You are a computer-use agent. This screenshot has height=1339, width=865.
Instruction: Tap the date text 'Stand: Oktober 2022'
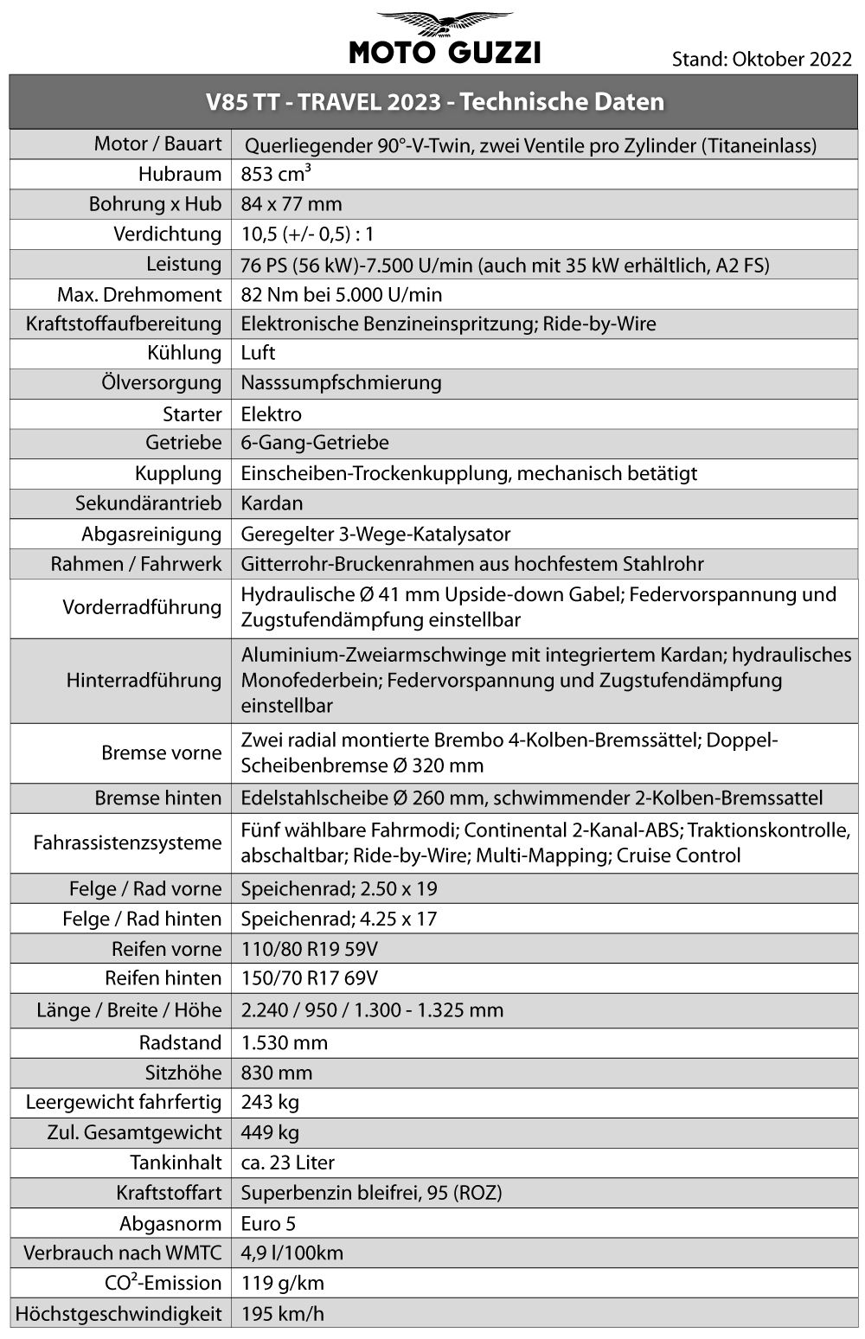761,59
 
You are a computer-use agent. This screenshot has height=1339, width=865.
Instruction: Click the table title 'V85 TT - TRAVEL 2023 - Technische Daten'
435,102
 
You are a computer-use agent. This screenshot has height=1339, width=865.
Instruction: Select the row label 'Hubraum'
179,175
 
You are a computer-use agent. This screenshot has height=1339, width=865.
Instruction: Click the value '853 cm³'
276,174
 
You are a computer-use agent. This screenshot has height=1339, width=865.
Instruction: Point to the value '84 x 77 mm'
292,205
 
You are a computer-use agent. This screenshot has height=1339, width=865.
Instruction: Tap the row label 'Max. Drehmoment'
139,295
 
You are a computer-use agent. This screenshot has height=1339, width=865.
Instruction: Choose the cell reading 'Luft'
258,353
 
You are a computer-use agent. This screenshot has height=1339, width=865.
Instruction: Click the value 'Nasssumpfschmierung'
341,382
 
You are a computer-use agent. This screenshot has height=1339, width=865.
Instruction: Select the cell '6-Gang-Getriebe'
315,443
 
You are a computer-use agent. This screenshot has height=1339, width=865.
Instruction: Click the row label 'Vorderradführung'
142,607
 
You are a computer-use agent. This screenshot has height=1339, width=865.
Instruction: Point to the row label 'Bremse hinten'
158,798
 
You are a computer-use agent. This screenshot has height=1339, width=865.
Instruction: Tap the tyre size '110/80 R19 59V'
309,949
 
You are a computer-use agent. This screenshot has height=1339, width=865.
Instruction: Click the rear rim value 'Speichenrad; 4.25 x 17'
338,919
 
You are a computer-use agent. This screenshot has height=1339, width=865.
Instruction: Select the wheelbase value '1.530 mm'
284,1042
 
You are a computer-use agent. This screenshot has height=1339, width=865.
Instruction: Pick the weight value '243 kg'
270,1102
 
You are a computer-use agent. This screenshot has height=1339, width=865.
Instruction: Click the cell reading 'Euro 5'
269,1224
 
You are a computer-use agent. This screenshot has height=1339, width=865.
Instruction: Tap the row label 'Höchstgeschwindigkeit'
119,1313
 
